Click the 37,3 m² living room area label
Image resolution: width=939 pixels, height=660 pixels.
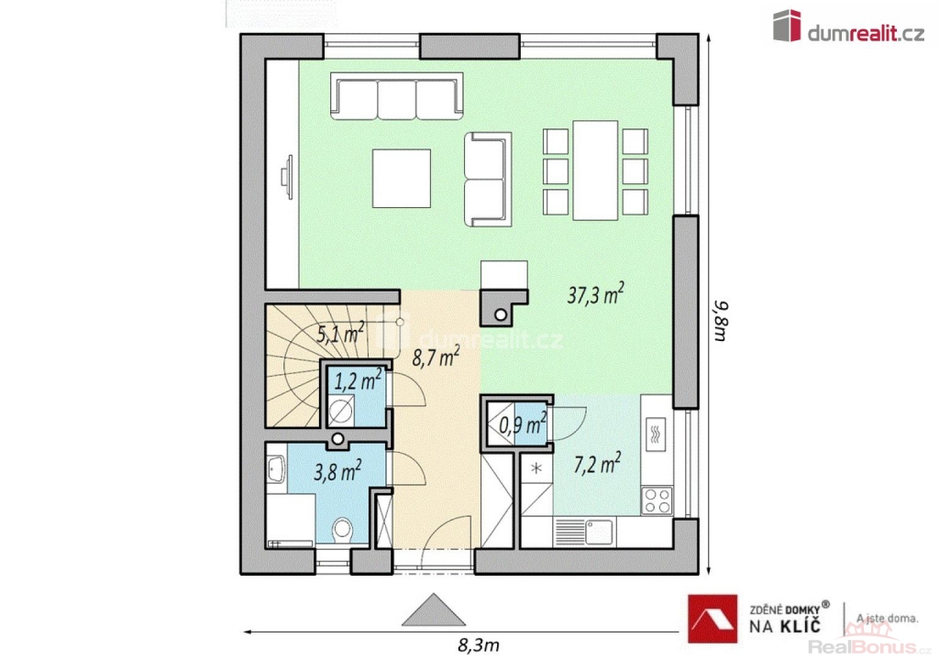point(595,294)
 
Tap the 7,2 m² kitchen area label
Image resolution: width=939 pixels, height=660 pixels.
point(597,464)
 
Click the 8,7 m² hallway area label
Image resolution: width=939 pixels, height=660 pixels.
point(436,357)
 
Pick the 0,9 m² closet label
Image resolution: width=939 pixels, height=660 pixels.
point(523,423)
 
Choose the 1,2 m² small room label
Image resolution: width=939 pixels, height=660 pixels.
point(359,379)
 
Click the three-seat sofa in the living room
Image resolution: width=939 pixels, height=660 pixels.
point(397,96)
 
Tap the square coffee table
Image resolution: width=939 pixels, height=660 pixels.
point(402,179)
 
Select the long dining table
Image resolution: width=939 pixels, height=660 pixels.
point(595,170)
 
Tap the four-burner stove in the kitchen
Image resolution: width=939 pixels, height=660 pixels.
point(657,500)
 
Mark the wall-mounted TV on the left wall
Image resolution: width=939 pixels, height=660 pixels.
point(288,177)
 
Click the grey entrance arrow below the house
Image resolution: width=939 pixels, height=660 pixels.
point(434,610)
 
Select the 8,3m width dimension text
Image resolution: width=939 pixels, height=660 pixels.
point(478,645)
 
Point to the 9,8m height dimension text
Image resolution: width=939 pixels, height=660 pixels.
point(722,321)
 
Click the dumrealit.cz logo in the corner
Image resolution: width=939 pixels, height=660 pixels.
point(848,27)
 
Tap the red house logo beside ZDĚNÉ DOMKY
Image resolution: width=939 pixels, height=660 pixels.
point(712,619)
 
